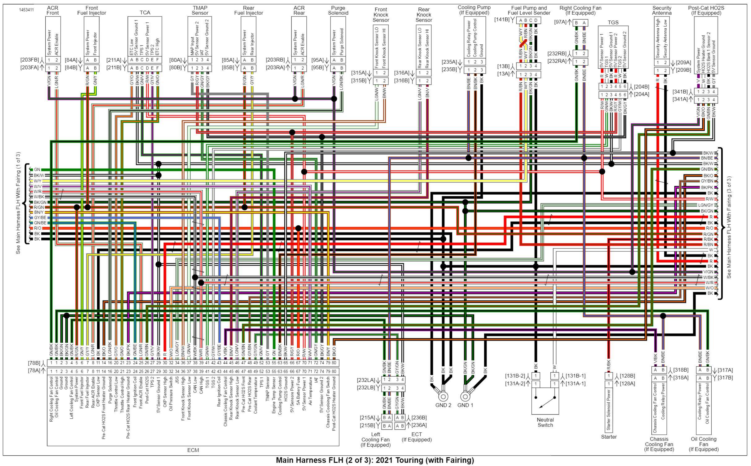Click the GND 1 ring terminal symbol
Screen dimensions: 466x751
point(465,396)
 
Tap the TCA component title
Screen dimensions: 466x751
point(145,13)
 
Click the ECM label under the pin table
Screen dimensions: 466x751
point(193,450)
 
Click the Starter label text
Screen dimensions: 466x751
point(609,437)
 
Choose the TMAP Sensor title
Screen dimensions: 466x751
point(200,10)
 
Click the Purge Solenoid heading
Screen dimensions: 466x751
point(338,10)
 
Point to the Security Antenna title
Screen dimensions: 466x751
point(662,10)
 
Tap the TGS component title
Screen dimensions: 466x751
point(613,22)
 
